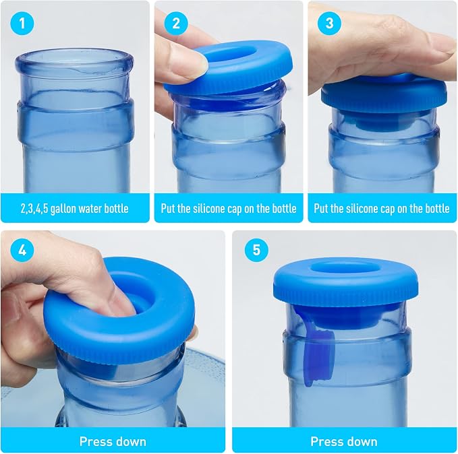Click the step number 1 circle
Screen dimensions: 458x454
point(22,24)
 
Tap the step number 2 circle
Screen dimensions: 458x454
point(176,24)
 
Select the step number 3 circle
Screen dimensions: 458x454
point(329,24)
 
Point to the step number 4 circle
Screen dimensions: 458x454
point(22,250)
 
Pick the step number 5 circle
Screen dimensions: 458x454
point(256,250)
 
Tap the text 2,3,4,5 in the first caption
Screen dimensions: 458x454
point(34,209)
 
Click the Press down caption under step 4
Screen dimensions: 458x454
point(113,441)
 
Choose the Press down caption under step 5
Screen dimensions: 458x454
point(344,441)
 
